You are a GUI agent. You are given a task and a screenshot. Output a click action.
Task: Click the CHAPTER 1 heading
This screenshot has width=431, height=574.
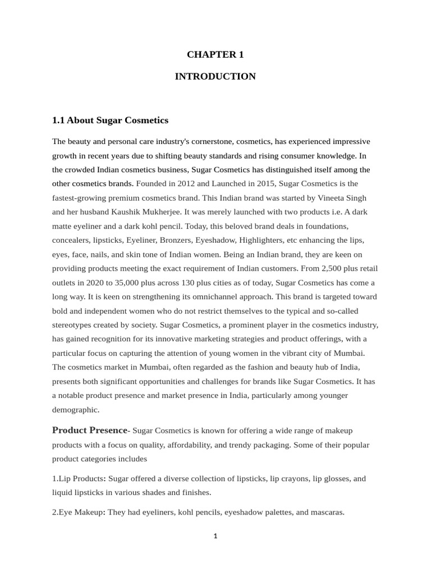pyautogui.click(x=215, y=54)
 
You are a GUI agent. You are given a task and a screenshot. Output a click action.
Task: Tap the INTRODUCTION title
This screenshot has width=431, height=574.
pyautogui.click(x=215, y=76)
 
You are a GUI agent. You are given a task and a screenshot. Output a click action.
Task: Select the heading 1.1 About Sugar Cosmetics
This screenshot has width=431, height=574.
pyautogui.click(x=110, y=121)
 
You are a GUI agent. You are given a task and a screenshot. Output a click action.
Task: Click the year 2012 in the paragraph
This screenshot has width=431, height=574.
pyautogui.click(x=186, y=183)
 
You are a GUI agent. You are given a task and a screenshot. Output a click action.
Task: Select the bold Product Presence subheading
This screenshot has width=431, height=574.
pyautogui.click(x=90, y=430)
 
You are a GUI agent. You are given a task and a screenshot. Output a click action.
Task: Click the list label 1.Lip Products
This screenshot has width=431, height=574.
pyautogui.click(x=78, y=479)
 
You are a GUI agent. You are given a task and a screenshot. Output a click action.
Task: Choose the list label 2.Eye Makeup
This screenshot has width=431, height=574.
pyautogui.click(x=77, y=512)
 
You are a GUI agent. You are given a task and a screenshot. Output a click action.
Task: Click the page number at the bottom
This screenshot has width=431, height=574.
pyautogui.click(x=215, y=536)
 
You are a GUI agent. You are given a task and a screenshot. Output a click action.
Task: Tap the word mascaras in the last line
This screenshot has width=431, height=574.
pyautogui.click(x=326, y=512)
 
